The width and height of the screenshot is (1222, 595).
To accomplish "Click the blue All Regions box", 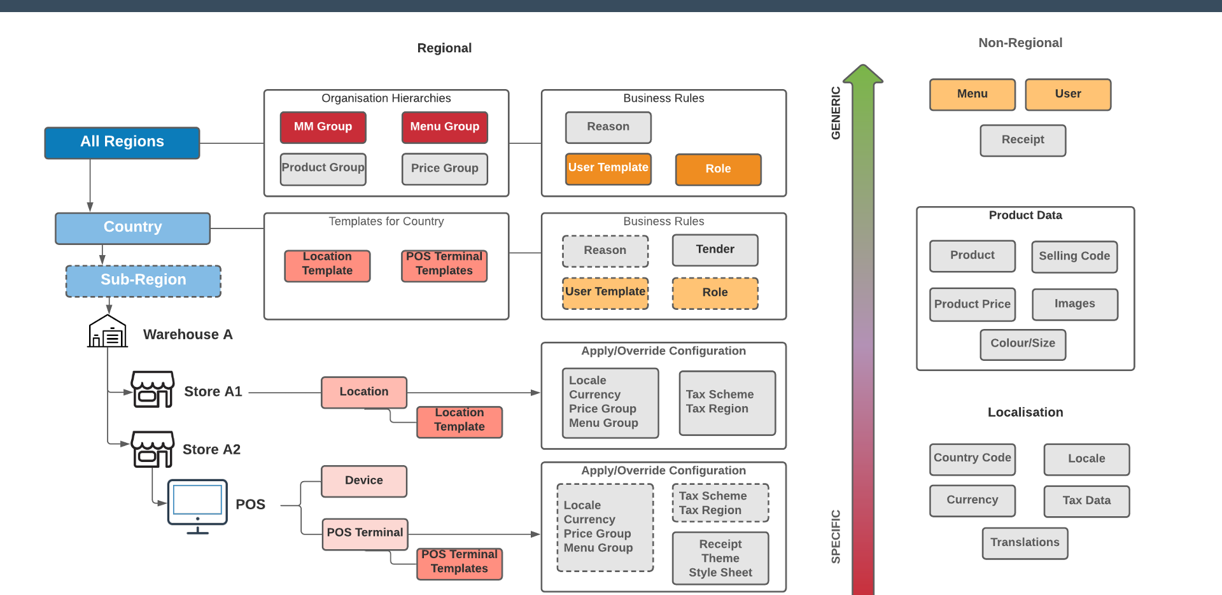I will [x=122, y=143].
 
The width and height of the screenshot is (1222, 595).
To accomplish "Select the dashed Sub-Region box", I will [x=143, y=281].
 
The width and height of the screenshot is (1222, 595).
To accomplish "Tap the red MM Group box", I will [x=323, y=127].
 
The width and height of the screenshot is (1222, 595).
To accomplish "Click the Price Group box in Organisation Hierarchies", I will [x=444, y=169].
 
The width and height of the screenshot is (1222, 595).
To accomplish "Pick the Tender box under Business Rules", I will [x=715, y=249].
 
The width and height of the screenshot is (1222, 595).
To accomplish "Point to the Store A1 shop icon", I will [x=152, y=389].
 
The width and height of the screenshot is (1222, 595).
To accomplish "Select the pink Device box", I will [x=363, y=481].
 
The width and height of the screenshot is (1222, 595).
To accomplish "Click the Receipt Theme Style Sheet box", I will [x=720, y=558].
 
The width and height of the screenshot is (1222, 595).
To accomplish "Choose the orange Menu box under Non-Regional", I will [x=972, y=94].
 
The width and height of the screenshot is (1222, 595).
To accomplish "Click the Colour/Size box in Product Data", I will [x=1022, y=344].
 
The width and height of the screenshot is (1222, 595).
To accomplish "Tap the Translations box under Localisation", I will [x=1024, y=543].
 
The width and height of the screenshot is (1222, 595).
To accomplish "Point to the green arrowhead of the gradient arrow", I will [x=862, y=74].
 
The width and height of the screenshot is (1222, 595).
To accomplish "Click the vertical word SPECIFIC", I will [x=836, y=536].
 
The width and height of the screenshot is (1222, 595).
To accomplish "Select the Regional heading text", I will [x=444, y=48].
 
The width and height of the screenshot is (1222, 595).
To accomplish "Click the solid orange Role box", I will [x=718, y=169].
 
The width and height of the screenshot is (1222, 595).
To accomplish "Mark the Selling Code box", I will [x=1074, y=256].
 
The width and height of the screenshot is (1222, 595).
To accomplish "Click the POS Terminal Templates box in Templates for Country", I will [x=444, y=265].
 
